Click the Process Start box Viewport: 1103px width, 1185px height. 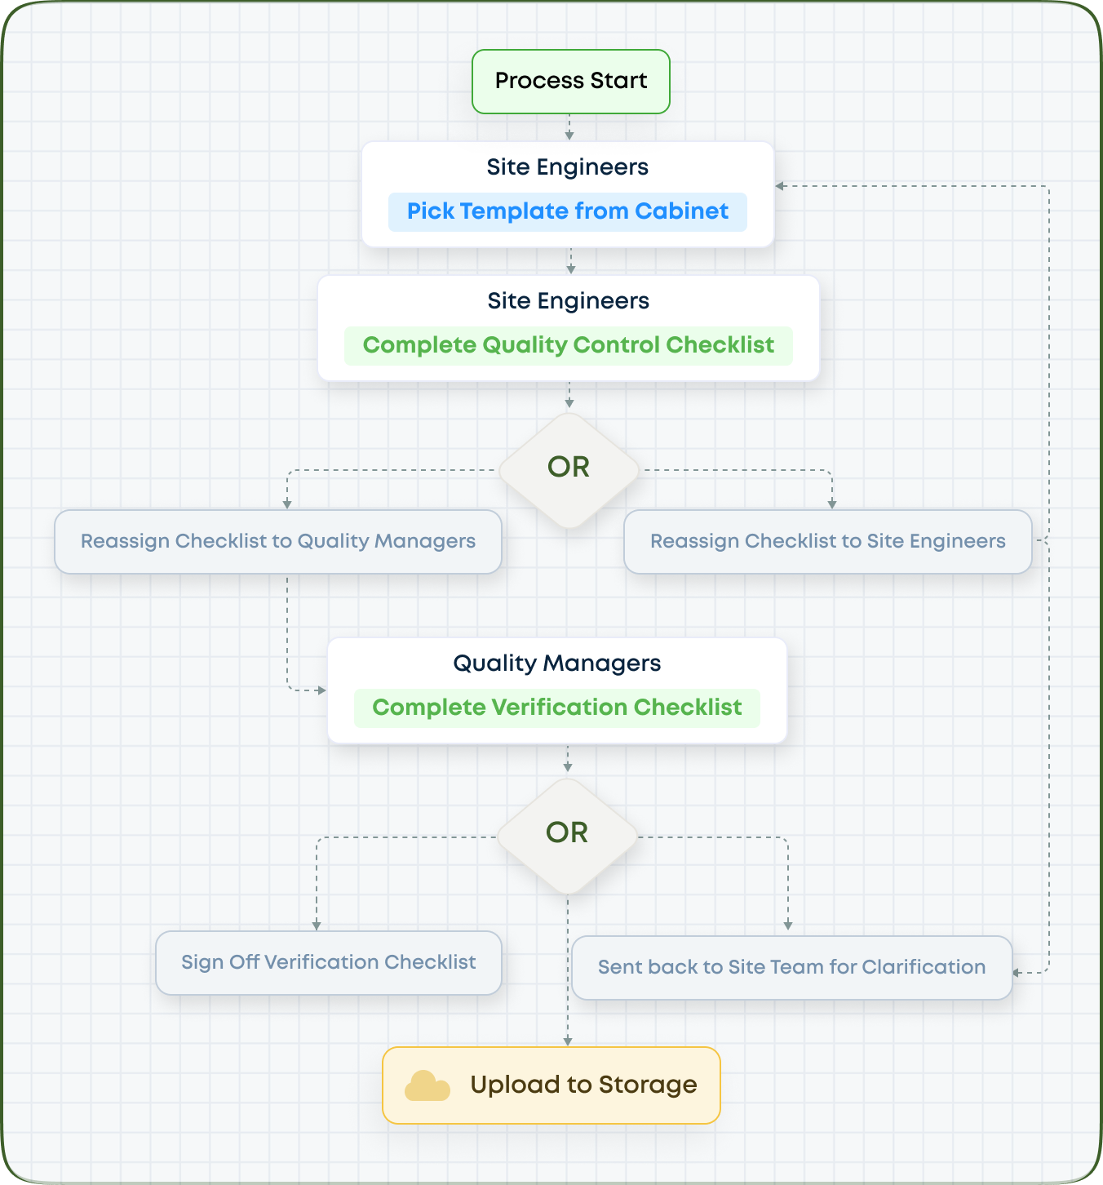coord(571,82)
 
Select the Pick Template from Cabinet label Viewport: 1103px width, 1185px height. coord(568,211)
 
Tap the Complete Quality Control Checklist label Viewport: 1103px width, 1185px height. coord(568,345)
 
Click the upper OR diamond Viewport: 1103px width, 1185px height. coord(569,469)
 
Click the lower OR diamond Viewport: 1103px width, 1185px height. coord(567,835)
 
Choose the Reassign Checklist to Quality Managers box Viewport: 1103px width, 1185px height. coord(278,542)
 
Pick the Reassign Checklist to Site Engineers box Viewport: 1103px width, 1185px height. coord(827,542)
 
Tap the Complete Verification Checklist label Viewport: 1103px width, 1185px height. coord(557,708)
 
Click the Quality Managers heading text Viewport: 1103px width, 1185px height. coord(557,664)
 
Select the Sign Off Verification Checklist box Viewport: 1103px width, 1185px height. coord(328,963)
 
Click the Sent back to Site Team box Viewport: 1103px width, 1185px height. coord(791,968)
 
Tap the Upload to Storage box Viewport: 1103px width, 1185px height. coord(551,1085)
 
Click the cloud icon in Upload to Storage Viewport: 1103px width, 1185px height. coord(427,1086)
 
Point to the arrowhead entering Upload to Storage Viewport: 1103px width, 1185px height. coord(568,1041)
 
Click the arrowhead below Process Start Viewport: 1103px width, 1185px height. coord(569,135)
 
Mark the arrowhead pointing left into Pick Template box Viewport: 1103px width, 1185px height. coord(780,186)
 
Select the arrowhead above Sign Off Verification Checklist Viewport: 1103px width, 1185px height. coord(317,925)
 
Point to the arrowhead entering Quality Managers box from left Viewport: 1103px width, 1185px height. coord(321,690)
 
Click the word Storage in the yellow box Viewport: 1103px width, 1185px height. coord(648,1085)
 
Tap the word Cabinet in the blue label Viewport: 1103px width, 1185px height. coord(681,211)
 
